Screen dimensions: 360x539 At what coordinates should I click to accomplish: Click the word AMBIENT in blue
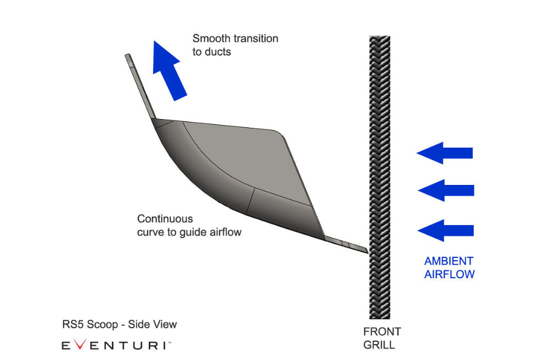click(449, 261)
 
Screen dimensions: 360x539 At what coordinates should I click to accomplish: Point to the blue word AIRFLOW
click(449, 274)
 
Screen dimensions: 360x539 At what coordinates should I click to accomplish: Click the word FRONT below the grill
click(382, 332)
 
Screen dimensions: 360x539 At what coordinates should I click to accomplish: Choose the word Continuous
click(164, 219)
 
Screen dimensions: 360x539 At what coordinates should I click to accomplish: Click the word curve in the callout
click(149, 232)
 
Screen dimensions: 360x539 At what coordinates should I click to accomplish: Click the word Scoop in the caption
click(103, 325)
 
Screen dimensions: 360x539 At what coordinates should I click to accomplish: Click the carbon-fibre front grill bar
click(379, 176)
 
